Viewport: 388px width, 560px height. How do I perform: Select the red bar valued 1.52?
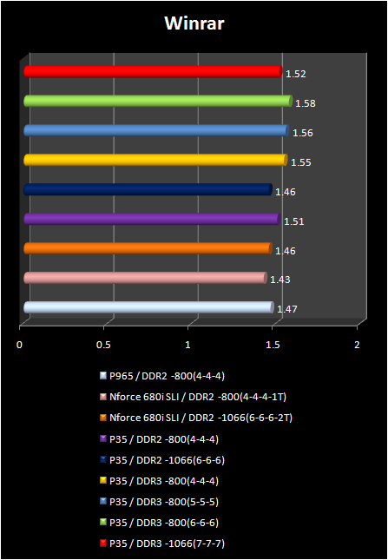(x=153, y=72)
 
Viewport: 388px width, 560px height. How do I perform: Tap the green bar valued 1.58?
(x=157, y=102)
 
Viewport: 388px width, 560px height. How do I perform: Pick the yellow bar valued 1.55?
(x=155, y=160)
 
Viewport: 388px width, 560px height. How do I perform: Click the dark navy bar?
(x=148, y=189)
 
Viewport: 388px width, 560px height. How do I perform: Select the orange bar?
(x=148, y=249)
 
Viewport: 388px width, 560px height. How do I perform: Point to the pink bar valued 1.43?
(x=144, y=278)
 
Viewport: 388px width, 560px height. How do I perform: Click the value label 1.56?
(x=302, y=133)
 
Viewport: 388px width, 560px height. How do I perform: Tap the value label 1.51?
(x=293, y=221)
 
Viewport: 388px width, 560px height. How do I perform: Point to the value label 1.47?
(x=286, y=309)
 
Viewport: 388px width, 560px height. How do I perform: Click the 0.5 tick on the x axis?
(x=104, y=345)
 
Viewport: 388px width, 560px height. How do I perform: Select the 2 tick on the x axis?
(x=357, y=345)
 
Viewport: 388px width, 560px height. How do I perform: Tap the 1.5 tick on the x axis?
(x=273, y=345)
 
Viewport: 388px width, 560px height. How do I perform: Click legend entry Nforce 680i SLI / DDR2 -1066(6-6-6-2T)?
(x=201, y=418)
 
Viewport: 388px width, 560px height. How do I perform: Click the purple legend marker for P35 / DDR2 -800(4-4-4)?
(x=103, y=438)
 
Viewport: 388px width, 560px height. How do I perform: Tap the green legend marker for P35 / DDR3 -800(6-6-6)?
(x=103, y=522)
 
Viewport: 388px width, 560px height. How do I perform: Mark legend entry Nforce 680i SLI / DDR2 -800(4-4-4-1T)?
(x=198, y=397)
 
